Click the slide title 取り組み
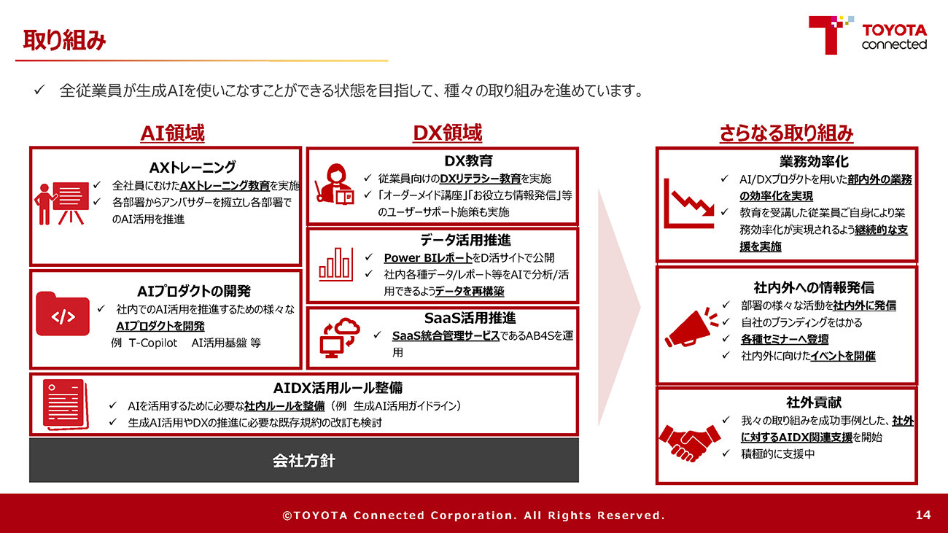64,41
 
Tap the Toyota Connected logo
868,35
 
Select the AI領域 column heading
172,133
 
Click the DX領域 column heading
447,133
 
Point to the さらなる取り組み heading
786,133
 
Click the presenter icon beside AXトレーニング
62,203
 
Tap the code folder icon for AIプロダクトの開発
63,314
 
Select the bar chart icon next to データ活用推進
336,265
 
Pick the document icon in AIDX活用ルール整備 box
66,404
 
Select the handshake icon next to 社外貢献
689,443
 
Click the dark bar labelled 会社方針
304,460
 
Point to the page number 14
923,515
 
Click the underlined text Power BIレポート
428,257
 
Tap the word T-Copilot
153,343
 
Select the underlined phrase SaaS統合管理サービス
446,336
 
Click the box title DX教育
468,160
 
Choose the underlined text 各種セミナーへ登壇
785,339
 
